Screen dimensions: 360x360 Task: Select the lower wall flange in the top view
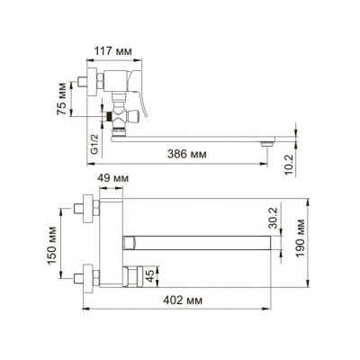click(88, 275)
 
